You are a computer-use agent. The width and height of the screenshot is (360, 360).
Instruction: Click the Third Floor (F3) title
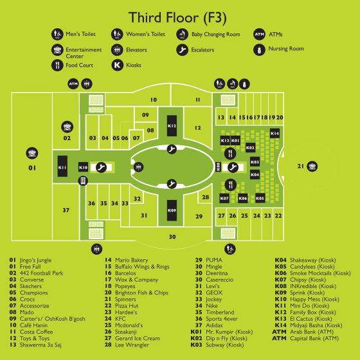click(177, 18)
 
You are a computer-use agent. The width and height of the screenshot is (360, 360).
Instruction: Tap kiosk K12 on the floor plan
click(172, 125)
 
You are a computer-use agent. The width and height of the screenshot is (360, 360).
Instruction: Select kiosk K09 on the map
click(172, 210)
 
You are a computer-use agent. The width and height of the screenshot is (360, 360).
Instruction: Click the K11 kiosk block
click(62, 166)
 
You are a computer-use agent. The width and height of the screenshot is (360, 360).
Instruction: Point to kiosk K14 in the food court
click(274, 134)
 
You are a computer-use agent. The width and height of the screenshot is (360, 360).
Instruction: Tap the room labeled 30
click(172, 237)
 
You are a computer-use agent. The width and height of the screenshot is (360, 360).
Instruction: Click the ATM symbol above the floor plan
click(73, 84)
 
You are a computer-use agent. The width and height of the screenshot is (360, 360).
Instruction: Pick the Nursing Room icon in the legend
click(260, 50)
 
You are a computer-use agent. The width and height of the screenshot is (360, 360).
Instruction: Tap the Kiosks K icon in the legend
click(117, 65)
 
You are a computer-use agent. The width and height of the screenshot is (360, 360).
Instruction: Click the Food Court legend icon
click(57, 65)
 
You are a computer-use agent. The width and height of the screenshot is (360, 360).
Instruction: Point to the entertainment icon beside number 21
click(312, 166)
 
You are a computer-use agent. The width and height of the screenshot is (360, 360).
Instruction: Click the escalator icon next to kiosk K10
click(102, 167)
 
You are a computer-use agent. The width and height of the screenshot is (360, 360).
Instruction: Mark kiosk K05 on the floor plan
click(260, 198)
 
